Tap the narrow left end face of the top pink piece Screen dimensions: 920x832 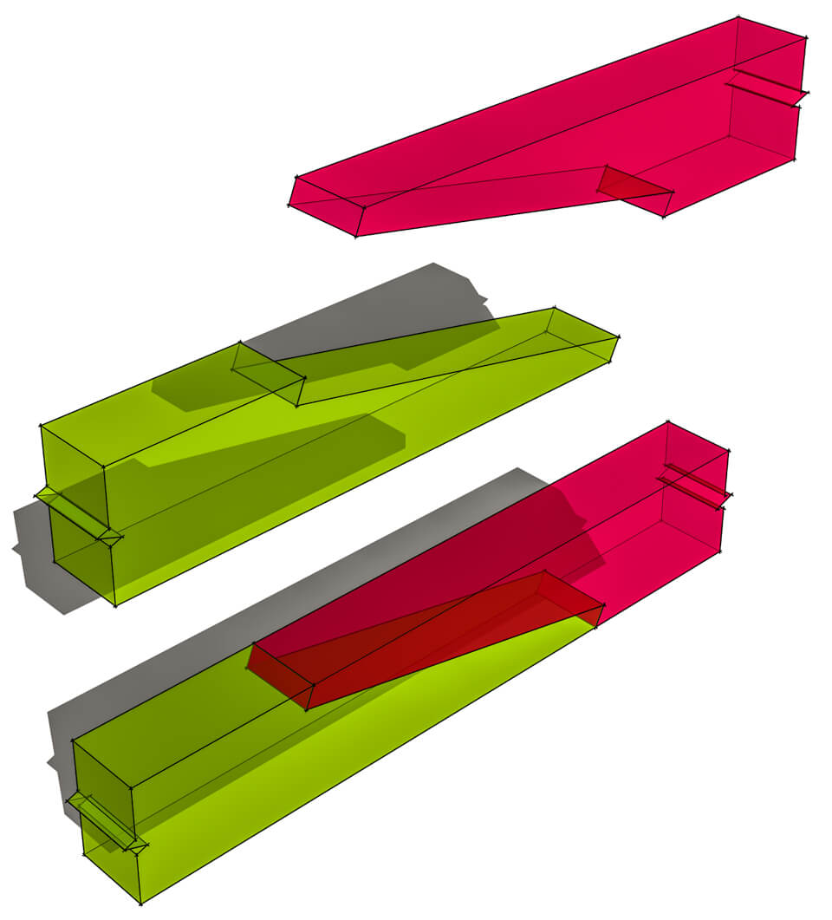[325, 206]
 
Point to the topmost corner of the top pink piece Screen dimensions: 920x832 [738, 16]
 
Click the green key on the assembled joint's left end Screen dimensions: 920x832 [104, 819]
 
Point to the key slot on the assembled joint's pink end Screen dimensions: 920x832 [693, 486]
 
